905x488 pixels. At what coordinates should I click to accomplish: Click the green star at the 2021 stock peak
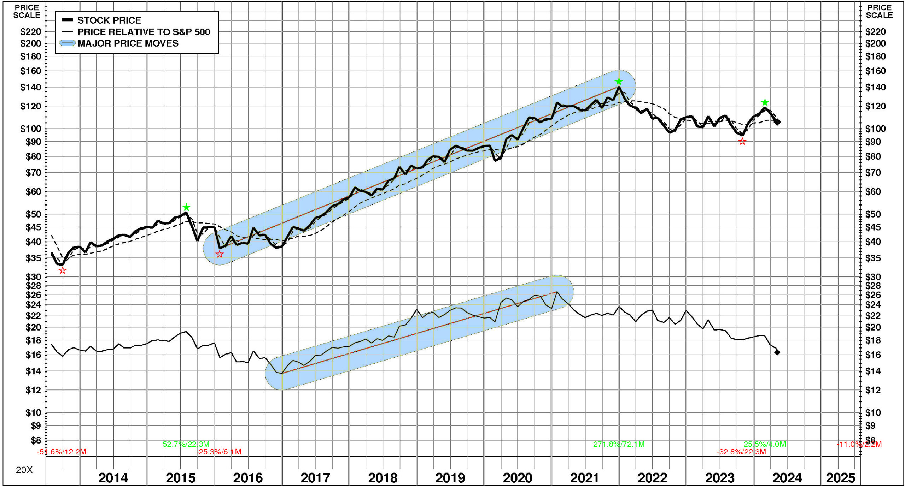coord(619,82)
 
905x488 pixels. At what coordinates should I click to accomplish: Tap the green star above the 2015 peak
coord(186,207)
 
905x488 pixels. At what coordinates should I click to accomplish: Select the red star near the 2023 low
coord(742,142)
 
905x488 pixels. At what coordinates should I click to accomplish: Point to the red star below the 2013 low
coord(63,270)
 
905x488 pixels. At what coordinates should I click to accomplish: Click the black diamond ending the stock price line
coord(777,122)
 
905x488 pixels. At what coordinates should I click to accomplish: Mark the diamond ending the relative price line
coord(777,352)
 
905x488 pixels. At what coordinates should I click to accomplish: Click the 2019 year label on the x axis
coord(450,478)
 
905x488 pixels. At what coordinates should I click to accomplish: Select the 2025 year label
coord(840,478)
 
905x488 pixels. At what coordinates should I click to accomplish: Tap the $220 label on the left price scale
coord(31,32)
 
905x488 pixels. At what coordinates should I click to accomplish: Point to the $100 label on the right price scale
coord(875,129)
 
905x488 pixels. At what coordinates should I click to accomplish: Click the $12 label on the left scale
coord(33,390)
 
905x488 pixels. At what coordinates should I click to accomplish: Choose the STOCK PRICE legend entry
coord(109,20)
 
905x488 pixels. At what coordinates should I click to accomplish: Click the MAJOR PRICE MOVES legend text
coord(128,43)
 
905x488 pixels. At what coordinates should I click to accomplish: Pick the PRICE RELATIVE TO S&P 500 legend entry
coord(144,32)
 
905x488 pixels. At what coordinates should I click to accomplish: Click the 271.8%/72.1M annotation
coord(619,444)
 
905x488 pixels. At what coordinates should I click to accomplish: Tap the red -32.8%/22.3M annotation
coord(741,452)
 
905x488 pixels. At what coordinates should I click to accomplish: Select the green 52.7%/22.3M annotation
coord(186,444)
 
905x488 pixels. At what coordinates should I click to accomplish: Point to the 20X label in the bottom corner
coord(24,470)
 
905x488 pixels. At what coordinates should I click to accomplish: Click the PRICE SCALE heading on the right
coord(879,11)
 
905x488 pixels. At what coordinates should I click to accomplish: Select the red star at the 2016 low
coord(220,254)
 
